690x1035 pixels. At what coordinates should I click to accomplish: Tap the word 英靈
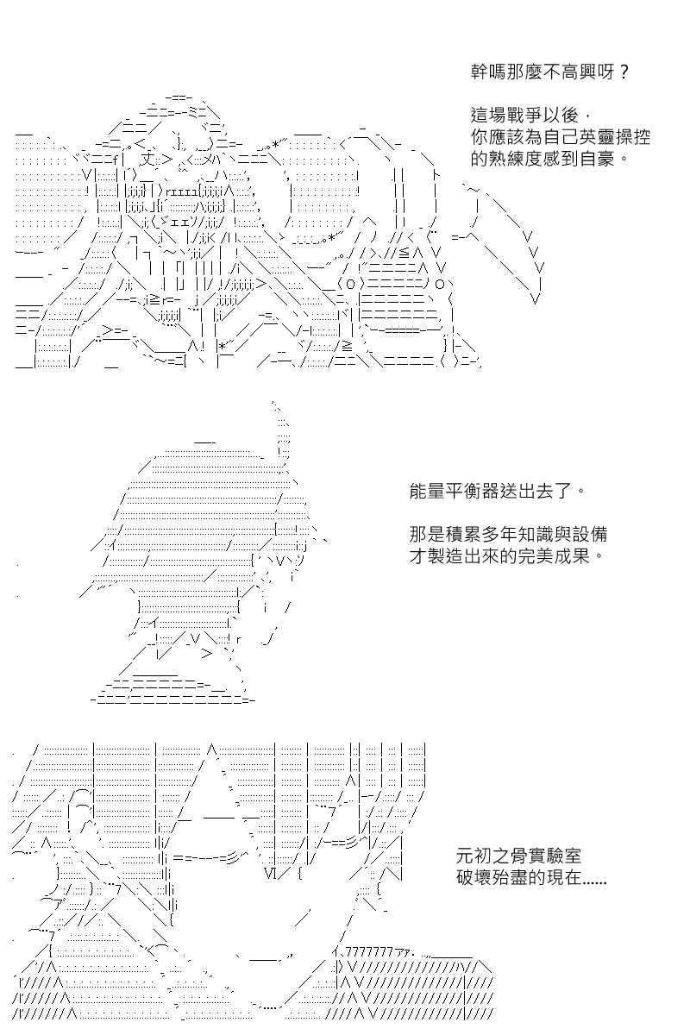(596, 137)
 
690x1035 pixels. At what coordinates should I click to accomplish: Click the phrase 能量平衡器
(453, 491)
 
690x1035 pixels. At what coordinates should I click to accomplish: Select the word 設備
(590, 535)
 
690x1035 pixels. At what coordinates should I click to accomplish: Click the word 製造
(445, 556)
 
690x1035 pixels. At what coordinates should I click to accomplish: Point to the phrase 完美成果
(553, 556)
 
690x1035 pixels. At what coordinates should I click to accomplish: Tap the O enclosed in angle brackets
(350, 284)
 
